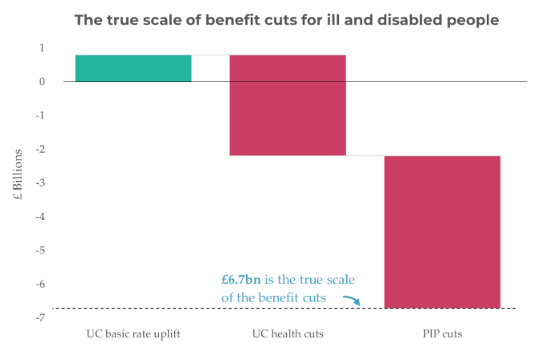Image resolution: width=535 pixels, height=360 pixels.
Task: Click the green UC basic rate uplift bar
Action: (133, 68)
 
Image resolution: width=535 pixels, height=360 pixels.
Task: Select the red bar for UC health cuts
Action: (288, 105)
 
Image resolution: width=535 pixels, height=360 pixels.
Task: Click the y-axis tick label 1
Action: (43, 47)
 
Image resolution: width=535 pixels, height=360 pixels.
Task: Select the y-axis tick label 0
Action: (43, 81)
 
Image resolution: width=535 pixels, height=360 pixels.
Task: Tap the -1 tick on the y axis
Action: (41, 115)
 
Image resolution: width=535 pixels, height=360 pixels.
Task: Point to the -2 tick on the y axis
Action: (41, 149)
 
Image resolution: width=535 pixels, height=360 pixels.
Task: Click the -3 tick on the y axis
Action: (41, 182)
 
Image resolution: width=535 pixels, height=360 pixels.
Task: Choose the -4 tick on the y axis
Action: (41, 216)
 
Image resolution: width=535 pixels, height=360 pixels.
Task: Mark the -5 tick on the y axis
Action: (41, 250)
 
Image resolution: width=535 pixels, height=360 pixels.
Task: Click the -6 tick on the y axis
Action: (41, 284)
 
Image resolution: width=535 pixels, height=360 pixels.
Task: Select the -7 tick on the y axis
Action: (41, 317)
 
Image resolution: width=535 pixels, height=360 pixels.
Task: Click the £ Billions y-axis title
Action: (17, 182)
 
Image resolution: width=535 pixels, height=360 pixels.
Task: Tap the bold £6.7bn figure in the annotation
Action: (240, 280)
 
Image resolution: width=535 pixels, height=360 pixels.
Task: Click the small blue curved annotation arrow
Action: (351, 301)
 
